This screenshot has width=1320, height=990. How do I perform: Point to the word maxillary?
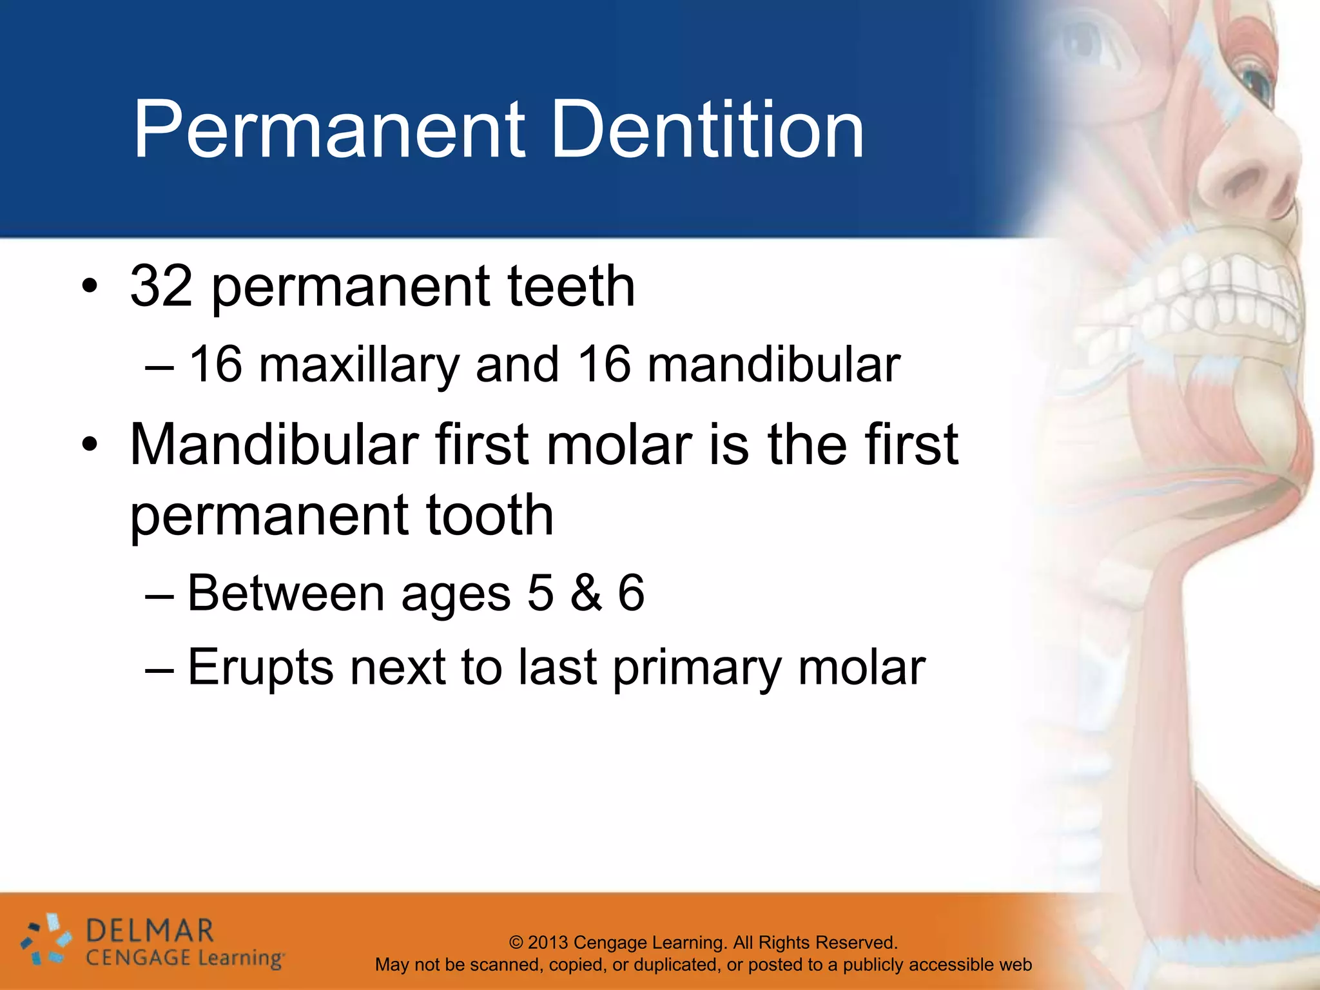click(x=358, y=365)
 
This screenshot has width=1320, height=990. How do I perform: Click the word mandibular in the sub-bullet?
click(x=773, y=365)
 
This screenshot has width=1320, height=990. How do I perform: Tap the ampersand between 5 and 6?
click(x=586, y=593)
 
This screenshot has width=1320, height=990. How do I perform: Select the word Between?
click(x=286, y=593)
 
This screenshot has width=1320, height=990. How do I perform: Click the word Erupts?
click(x=260, y=668)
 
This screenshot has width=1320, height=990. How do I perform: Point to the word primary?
click(x=697, y=668)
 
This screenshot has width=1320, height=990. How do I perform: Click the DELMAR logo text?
click(x=149, y=931)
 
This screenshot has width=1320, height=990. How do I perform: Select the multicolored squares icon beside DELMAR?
click(x=45, y=941)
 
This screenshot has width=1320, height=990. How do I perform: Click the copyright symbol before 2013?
click(x=516, y=942)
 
